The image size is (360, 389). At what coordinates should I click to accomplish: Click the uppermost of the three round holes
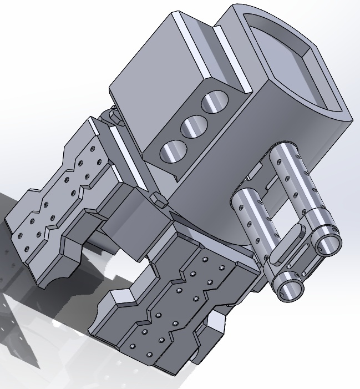coord(215,103)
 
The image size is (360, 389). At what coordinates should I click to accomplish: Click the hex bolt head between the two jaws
coord(159,198)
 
